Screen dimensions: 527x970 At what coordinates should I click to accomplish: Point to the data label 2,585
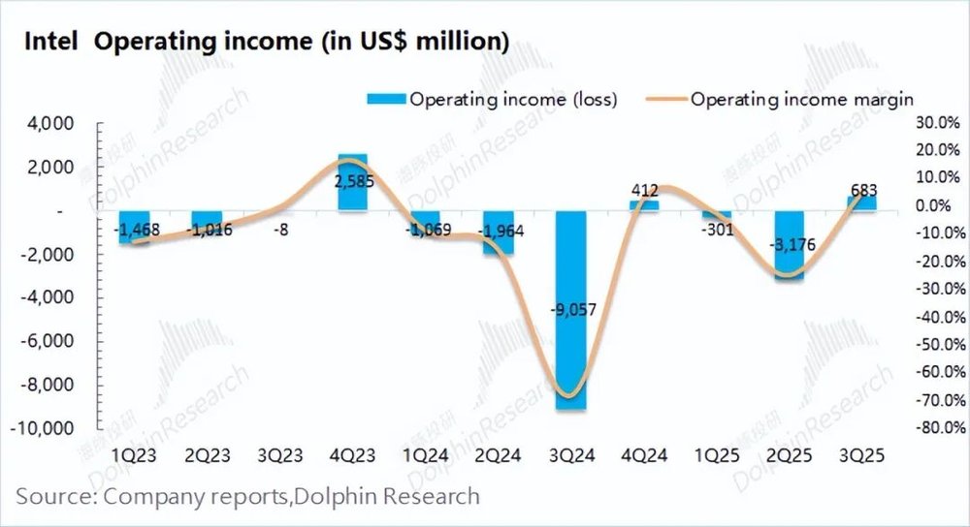352,181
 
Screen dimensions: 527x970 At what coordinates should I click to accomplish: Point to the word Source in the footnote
48,497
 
